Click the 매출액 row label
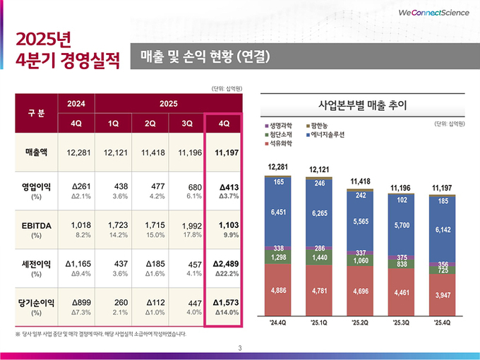(x=36, y=152)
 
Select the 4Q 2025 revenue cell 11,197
(x=223, y=152)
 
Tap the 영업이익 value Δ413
(x=225, y=186)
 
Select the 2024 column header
(x=76, y=104)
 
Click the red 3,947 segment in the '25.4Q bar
(x=443, y=294)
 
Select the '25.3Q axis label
(x=401, y=323)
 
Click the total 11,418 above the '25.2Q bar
(x=360, y=181)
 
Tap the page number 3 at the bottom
(x=240, y=347)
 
